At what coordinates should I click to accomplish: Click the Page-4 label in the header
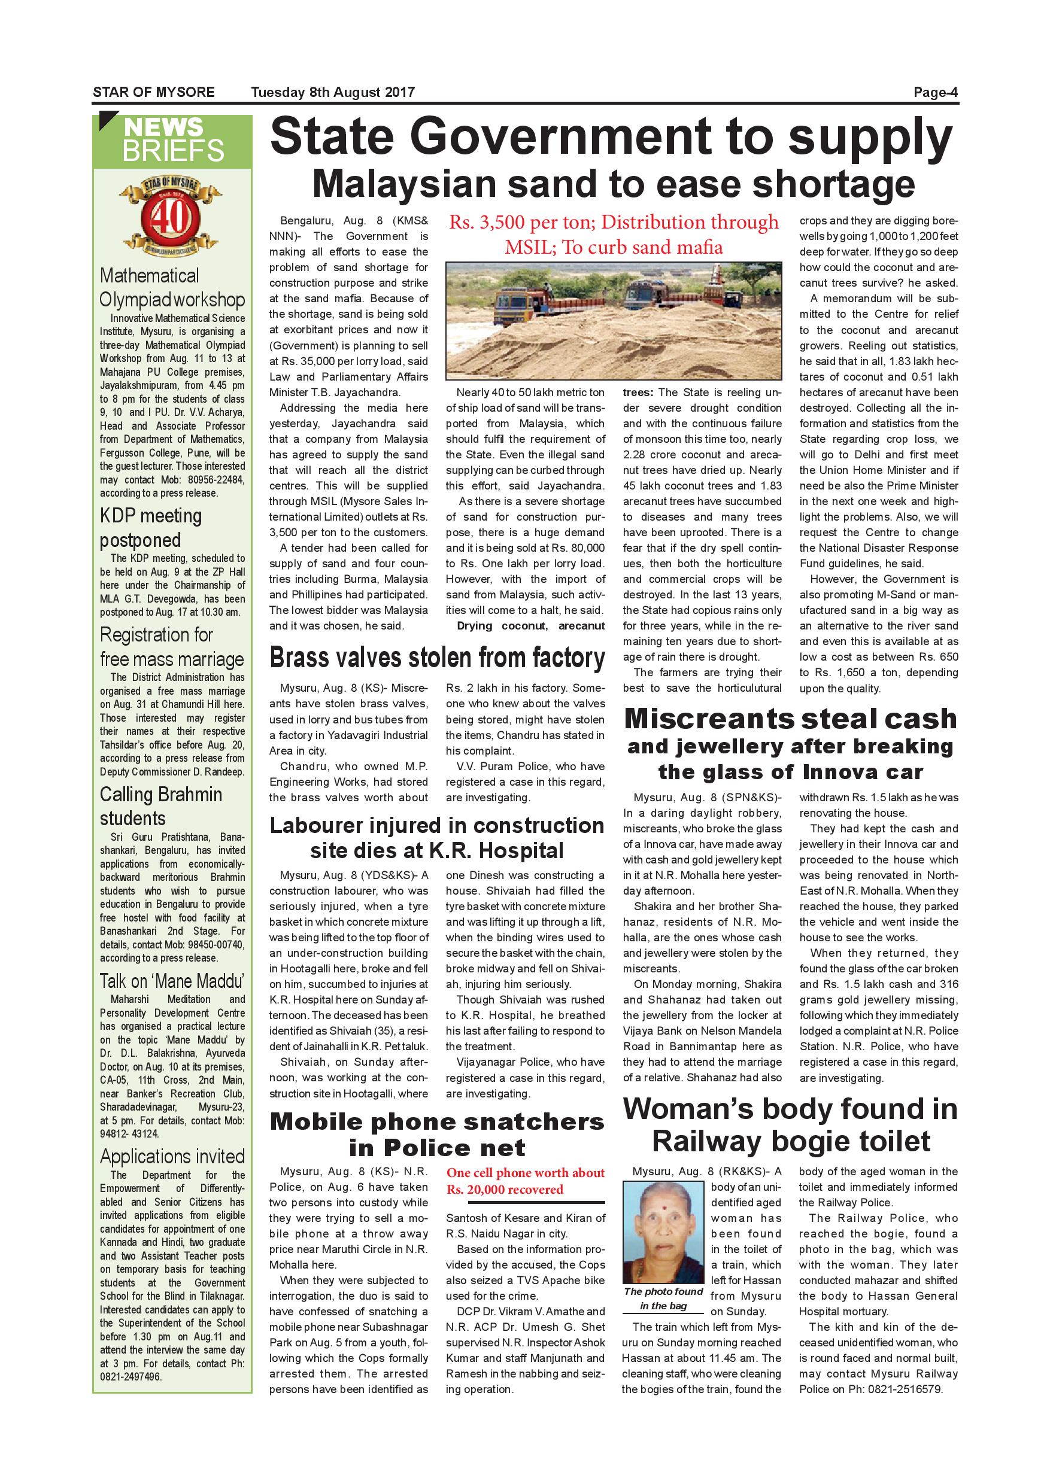point(935,92)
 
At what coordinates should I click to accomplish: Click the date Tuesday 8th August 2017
point(333,92)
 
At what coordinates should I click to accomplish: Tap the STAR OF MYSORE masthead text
point(154,92)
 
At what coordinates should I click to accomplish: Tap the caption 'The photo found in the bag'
point(663,1298)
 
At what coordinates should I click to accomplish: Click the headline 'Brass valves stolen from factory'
point(437,658)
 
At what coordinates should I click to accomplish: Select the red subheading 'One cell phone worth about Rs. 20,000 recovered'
point(525,1181)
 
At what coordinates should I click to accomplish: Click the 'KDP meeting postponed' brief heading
point(151,527)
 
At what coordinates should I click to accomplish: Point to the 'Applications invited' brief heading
point(172,1156)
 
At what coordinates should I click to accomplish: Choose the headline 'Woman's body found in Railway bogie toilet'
point(790,1124)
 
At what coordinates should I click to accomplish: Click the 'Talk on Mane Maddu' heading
point(172,981)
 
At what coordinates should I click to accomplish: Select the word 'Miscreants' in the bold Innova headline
point(709,719)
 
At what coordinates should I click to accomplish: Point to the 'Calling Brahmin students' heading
point(161,806)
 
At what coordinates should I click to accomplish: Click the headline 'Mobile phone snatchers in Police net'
point(437,1135)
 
